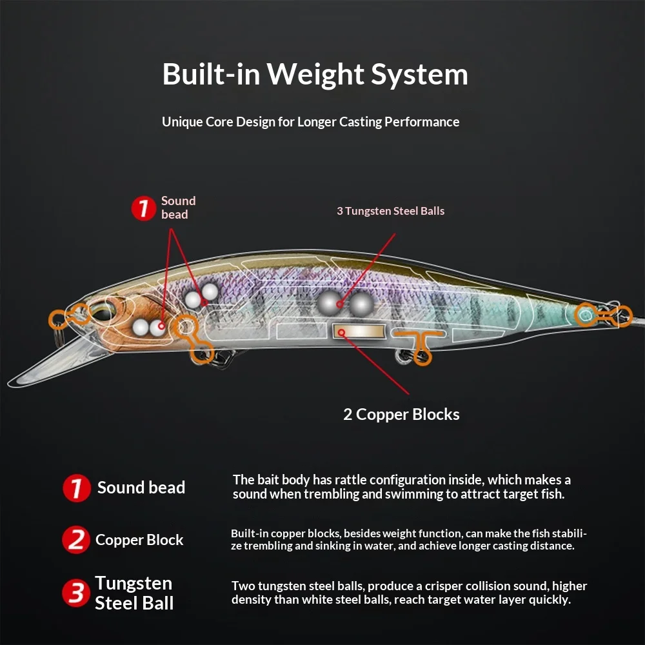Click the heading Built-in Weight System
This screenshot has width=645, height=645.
coord(315,74)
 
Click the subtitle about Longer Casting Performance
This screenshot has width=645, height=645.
coord(311,122)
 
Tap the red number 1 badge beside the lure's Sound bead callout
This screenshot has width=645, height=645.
coord(144,208)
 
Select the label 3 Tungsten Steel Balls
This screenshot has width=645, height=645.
coord(390,211)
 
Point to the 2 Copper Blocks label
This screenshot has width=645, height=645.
coord(401,414)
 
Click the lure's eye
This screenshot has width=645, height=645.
coord(103,312)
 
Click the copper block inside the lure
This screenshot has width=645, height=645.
coord(359,332)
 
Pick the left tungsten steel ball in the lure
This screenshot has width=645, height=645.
coord(329,304)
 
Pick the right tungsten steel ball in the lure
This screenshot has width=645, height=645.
coord(362,304)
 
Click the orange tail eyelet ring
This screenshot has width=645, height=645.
coord(586,315)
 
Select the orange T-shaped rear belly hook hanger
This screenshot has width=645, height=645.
coord(421,346)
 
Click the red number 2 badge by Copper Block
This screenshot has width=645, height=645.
coord(75,540)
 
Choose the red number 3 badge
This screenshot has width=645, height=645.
coord(75,593)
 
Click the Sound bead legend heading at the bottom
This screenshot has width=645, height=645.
coord(141,488)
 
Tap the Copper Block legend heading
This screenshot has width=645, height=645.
coord(139,540)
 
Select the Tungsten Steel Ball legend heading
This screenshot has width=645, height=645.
coord(134,593)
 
